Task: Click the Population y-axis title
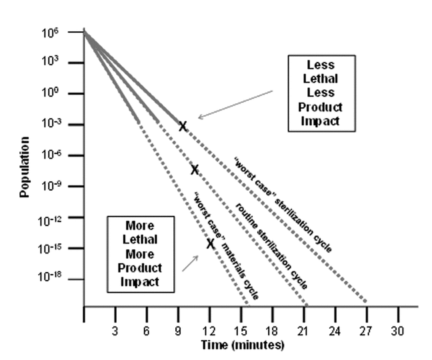tap(25, 167)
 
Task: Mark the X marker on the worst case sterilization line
tap(182, 125)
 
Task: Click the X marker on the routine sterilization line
tap(195, 169)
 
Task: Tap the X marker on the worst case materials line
tap(210, 243)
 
